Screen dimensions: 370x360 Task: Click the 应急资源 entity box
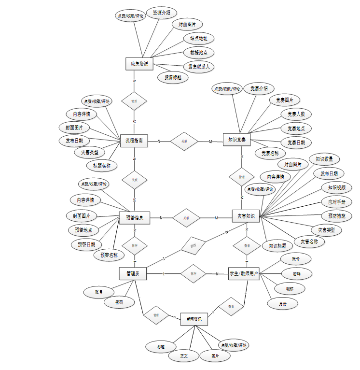coord(139,64)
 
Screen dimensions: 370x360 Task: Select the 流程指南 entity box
coord(134,141)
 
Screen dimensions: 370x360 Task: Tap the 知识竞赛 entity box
coord(237,141)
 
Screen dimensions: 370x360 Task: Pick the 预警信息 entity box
coord(134,218)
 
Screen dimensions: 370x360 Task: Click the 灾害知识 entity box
coord(246,216)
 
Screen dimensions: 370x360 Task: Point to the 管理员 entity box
coord(133,274)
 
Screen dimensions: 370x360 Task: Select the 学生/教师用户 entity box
coord(244,274)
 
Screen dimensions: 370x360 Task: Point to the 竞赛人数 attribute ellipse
coord(296,114)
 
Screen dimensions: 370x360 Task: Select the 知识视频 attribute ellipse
coord(336,187)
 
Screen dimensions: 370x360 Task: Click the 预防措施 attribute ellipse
coord(336,216)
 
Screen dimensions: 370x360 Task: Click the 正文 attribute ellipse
coord(183,356)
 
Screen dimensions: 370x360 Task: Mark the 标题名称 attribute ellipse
coord(102,166)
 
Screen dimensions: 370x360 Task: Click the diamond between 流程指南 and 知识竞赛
coord(184,141)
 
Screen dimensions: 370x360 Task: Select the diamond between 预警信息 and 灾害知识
coord(186,218)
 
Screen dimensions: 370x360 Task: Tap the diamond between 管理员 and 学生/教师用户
coord(193,274)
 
